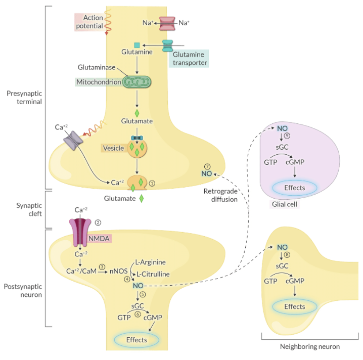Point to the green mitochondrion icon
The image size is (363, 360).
(x=136, y=82)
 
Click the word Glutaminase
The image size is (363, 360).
(x=97, y=67)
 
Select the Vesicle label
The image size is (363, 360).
(x=113, y=148)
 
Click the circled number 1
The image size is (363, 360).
(x=152, y=183)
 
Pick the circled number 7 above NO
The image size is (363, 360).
(x=206, y=166)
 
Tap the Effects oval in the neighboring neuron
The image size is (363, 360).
(x=294, y=306)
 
